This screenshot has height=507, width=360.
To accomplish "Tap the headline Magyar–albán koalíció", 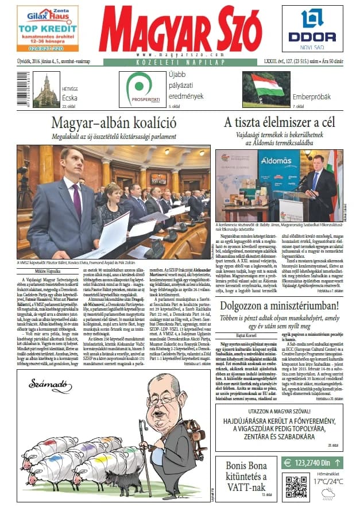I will point(113,122).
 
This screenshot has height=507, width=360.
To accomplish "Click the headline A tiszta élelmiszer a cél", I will point(280,122).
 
